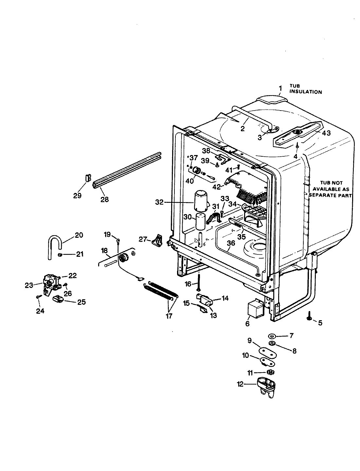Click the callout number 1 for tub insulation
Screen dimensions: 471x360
[x=280, y=88]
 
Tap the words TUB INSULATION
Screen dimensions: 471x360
[x=305, y=89]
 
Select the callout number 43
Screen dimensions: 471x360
[x=326, y=133]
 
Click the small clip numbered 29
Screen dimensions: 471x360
[x=87, y=178]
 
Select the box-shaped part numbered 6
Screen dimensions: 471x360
[x=255, y=308]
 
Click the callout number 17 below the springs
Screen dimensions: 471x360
[x=169, y=317]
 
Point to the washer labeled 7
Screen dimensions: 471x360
[x=272, y=336]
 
